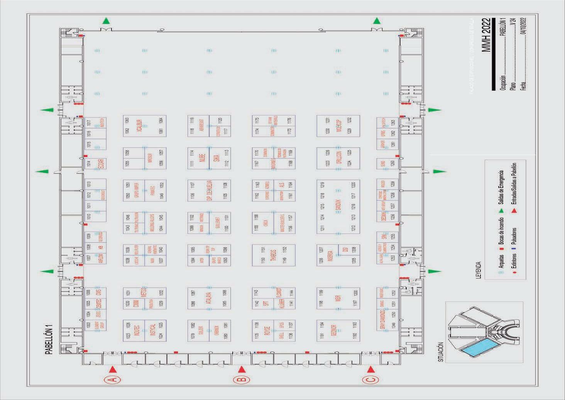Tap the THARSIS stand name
coord(274,255)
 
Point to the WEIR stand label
coord(338,298)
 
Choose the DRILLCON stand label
coord(338,158)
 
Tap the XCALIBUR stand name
coord(139,126)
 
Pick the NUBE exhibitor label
coord(203,158)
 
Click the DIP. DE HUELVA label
coord(210,190)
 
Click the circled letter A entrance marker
coord(112,380)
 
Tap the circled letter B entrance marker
coord(242,380)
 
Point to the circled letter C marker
coord(370,380)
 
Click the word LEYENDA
coord(479,270)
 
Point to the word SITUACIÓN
coord(441,352)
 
